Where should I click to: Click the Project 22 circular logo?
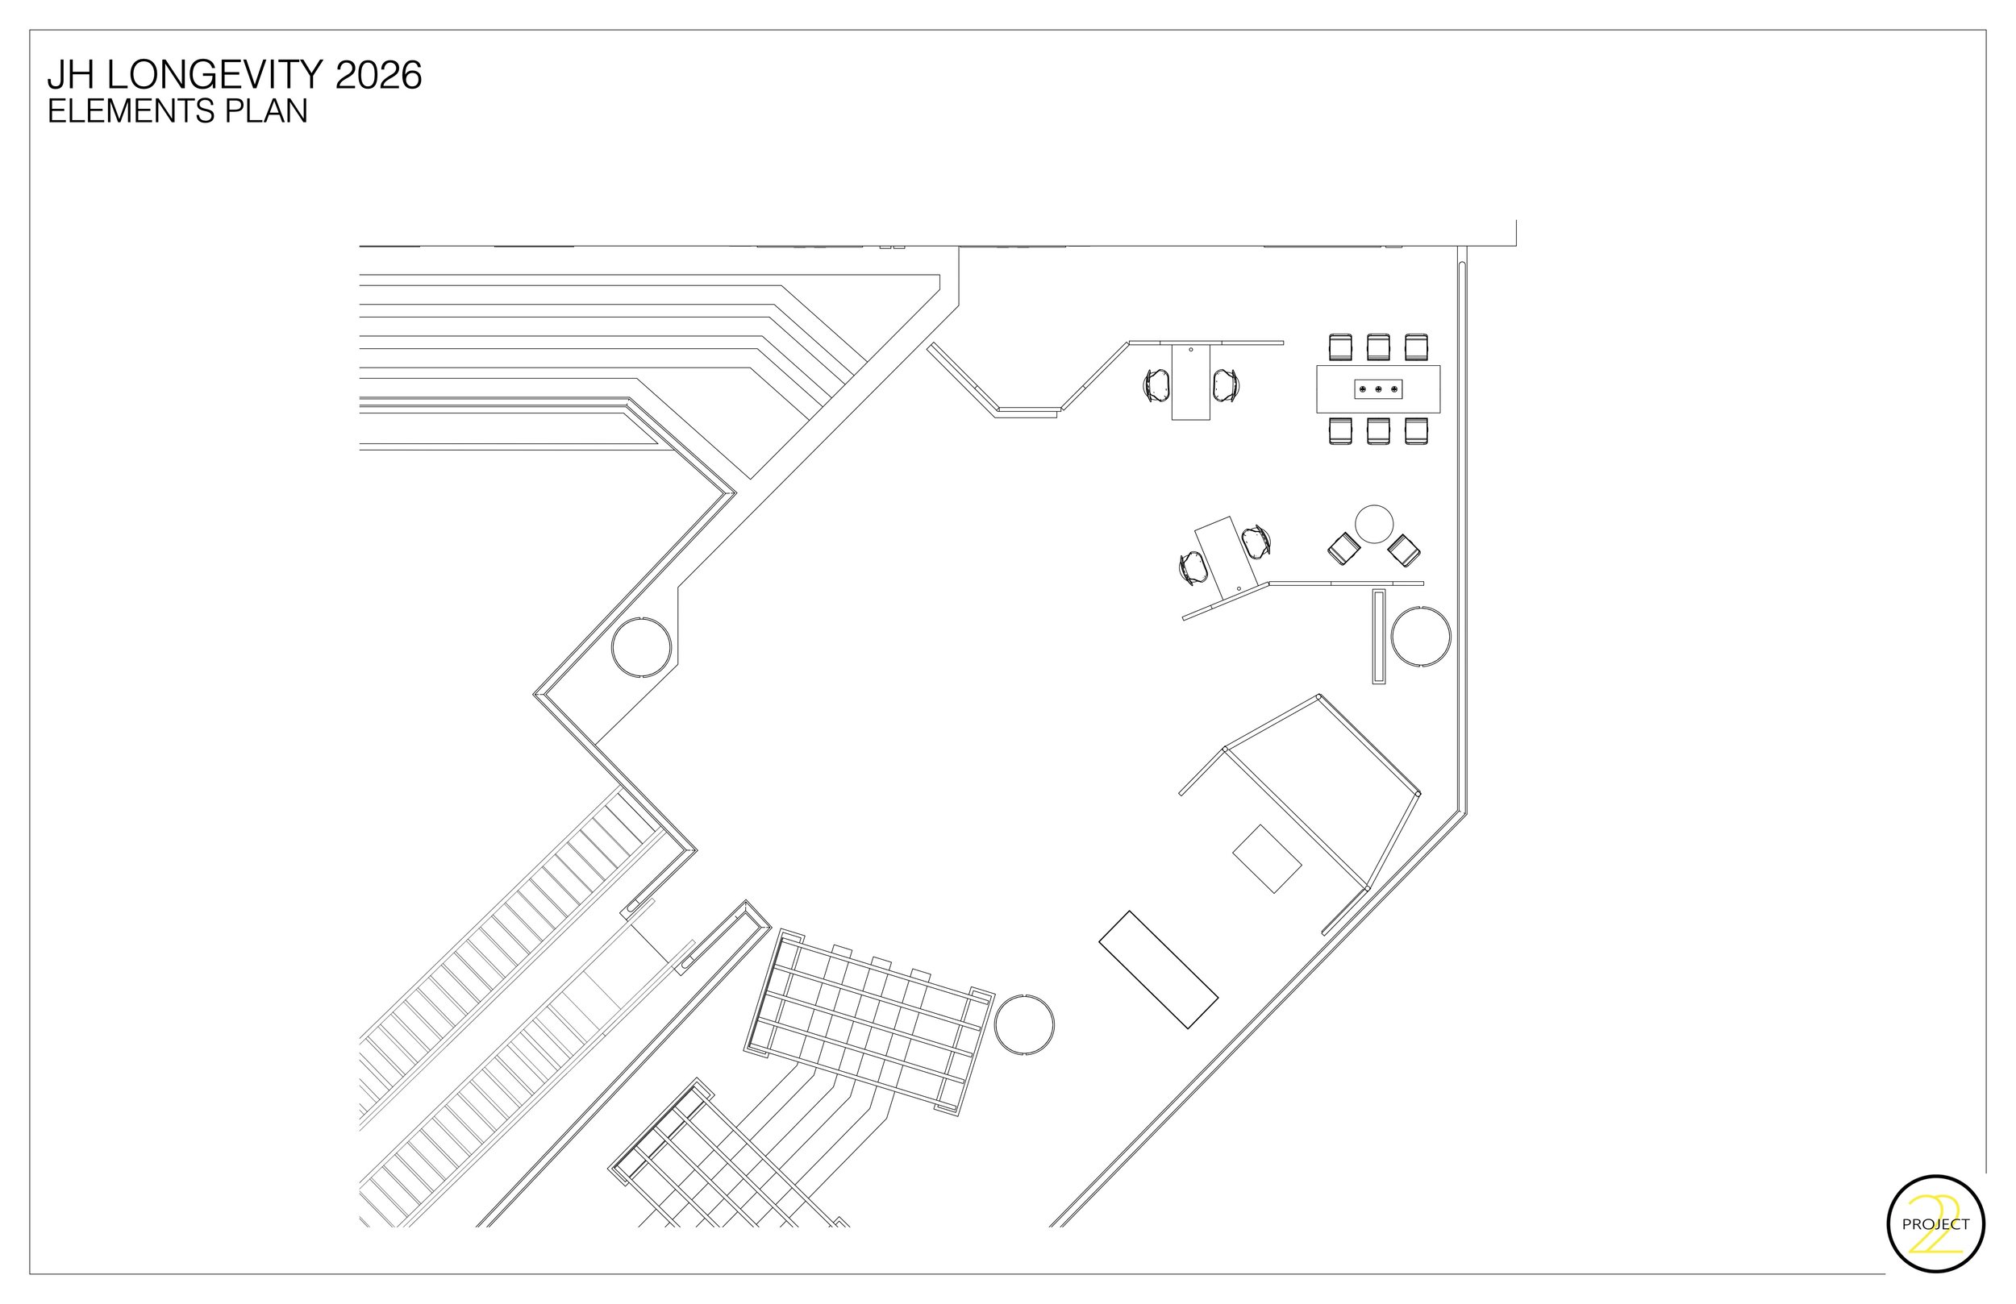[1935, 1223]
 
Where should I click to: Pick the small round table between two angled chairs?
[1374, 524]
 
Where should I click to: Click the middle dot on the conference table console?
[1378, 389]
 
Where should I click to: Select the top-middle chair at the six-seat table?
[1378, 347]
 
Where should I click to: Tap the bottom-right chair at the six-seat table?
[1416, 431]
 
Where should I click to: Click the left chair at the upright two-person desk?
[1156, 385]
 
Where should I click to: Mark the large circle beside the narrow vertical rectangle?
[1421, 636]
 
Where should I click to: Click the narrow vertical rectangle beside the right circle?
[1378, 636]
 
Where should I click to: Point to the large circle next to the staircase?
[1024, 1024]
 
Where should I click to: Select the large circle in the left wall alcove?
[641, 647]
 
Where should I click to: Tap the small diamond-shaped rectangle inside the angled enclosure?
[1266, 858]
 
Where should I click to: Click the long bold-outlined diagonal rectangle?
[1158, 970]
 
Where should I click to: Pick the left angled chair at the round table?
[1343, 549]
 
